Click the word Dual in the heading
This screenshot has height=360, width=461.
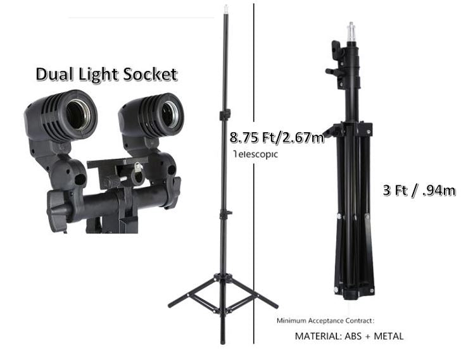click(56, 74)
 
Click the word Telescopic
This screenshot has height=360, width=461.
click(255, 154)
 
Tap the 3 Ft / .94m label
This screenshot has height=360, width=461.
click(419, 190)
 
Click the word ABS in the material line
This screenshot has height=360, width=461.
click(353, 336)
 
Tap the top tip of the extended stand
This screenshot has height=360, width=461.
click(225, 8)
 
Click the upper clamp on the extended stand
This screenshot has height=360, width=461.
click(225, 115)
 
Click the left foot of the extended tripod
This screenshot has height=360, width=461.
click(171, 306)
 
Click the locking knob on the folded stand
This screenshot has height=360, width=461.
click(331, 71)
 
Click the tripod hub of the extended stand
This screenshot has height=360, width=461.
click(222, 278)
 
